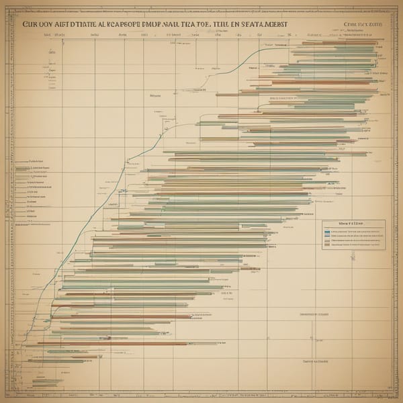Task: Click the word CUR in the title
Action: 32,23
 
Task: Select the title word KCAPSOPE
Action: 122,23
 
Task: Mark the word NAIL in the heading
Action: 180,23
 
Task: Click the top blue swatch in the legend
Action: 327,230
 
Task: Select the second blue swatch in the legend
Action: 327,236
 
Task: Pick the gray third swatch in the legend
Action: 327,240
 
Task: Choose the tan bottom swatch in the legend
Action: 327,245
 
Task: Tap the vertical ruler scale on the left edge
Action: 8,201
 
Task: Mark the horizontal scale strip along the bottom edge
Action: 201,396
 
